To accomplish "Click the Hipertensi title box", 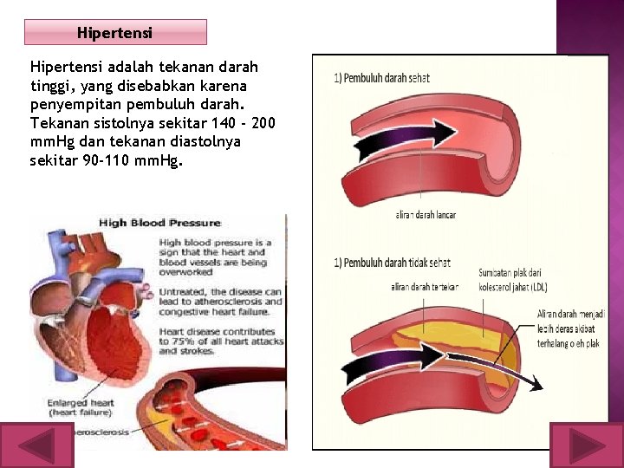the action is [115, 33].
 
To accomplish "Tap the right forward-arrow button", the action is [587, 445].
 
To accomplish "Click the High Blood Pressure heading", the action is [159, 223].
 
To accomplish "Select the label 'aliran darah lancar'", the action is [426, 215].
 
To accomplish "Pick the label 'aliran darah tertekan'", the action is [425, 287].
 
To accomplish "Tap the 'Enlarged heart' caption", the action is [82, 403].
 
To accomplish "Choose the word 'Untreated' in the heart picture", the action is [184, 291].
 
